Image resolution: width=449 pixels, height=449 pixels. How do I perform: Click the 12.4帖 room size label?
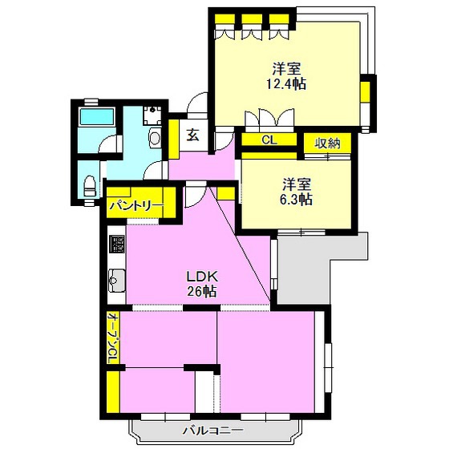pyautogui.click(x=286, y=84)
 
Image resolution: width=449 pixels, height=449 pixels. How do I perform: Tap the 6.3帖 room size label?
pyautogui.click(x=296, y=200)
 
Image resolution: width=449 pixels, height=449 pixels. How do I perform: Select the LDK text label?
pyautogui.click(x=202, y=277)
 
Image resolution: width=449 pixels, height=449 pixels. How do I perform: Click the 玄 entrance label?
pyautogui.click(x=193, y=136)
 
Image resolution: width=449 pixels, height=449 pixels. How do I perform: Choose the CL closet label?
pyautogui.click(x=269, y=140)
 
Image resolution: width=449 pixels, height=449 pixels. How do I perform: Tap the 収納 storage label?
pyautogui.click(x=328, y=144)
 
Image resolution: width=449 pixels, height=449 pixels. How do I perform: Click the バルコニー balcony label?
pyautogui.click(x=213, y=431)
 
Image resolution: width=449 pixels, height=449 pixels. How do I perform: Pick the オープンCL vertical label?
pyautogui.click(x=113, y=338)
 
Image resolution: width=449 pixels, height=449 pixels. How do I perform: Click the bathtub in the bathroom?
pyautogui.click(x=97, y=116)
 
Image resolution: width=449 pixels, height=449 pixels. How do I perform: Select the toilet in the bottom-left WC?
pyautogui.click(x=90, y=186)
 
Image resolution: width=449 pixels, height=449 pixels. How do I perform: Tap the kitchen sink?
pyautogui.click(x=116, y=281)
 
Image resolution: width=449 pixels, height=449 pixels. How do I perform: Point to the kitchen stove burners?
pyautogui.click(x=117, y=244)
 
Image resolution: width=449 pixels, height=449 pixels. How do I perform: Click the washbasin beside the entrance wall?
pyautogui.click(x=155, y=137)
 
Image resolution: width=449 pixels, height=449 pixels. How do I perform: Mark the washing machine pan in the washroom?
pyautogui.click(x=152, y=115)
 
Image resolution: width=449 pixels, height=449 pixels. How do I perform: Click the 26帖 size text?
pyautogui.click(x=202, y=292)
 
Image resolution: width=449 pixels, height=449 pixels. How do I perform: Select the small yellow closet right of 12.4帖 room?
pyautogui.click(x=364, y=91)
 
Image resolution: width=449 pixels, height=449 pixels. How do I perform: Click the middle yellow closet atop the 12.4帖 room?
pyautogui.click(x=252, y=19)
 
